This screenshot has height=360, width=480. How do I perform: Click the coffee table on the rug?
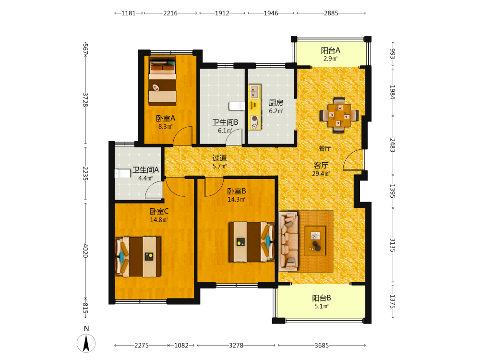(315, 240)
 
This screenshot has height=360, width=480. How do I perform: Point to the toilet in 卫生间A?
(122, 174)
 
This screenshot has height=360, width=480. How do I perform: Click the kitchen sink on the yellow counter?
(254, 92)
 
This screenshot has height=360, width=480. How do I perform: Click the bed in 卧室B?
(252, 242)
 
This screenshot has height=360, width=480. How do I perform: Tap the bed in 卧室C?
(138, 256)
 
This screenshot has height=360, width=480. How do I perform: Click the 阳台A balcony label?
(331, 50)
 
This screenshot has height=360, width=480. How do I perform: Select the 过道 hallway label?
(220, 158)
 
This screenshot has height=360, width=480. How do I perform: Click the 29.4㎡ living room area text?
(321, 174)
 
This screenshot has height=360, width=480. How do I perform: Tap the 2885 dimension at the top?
(331, 13)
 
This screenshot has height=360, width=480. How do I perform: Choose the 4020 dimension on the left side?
(86, 251)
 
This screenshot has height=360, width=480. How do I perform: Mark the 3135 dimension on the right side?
(393, 245)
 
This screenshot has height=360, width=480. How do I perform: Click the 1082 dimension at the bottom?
(181, 345)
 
